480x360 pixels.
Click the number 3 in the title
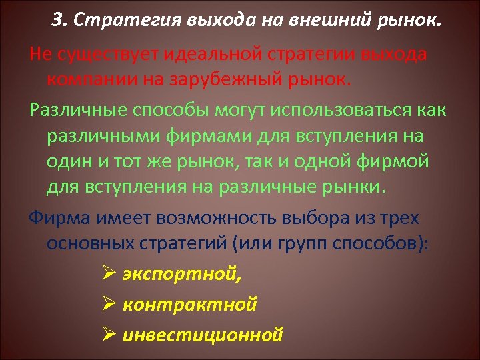pyautogui.click(x=57, y=21)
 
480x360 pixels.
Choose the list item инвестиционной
pyautogui.click(x=203, y=334)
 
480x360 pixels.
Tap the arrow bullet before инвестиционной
pyautogui.click(x=111, y=334)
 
